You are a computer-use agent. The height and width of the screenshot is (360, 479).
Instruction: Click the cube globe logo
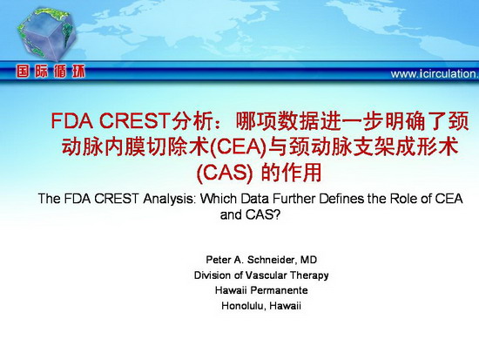point(46,34)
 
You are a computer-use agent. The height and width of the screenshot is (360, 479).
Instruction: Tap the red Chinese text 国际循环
point(51,71)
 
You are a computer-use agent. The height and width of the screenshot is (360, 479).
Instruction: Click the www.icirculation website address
point(435,74)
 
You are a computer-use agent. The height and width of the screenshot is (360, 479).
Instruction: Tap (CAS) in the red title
point(225,173)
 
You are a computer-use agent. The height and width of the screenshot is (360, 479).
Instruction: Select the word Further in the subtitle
point(293,199)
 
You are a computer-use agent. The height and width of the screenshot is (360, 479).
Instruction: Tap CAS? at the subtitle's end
point(263,215)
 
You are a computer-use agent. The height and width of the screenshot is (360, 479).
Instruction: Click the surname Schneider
point(271,260)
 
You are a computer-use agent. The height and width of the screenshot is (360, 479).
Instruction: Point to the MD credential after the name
point(308,260)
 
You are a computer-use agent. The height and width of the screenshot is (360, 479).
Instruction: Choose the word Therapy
point(309,275)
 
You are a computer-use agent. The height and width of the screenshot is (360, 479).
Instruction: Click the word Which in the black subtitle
point(219,199)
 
